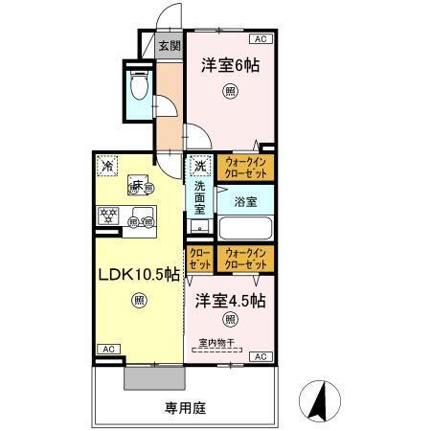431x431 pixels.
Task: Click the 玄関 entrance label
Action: point(169,45)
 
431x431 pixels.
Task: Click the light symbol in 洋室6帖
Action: point(230,92)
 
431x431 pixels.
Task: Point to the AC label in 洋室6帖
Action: point(261,39)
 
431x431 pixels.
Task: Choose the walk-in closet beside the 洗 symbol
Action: point(245,168)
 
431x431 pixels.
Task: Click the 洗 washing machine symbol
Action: point(199,165)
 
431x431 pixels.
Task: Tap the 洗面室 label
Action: point(199,196)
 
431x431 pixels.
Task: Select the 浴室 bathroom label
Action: point(245,201)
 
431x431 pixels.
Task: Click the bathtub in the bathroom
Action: point(245,229)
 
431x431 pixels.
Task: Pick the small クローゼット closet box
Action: point(199,258)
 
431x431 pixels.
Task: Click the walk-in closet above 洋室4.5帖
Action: point(245,258)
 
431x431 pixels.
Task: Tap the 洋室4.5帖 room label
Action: point(230,300)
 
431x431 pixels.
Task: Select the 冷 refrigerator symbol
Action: point(107,165)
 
